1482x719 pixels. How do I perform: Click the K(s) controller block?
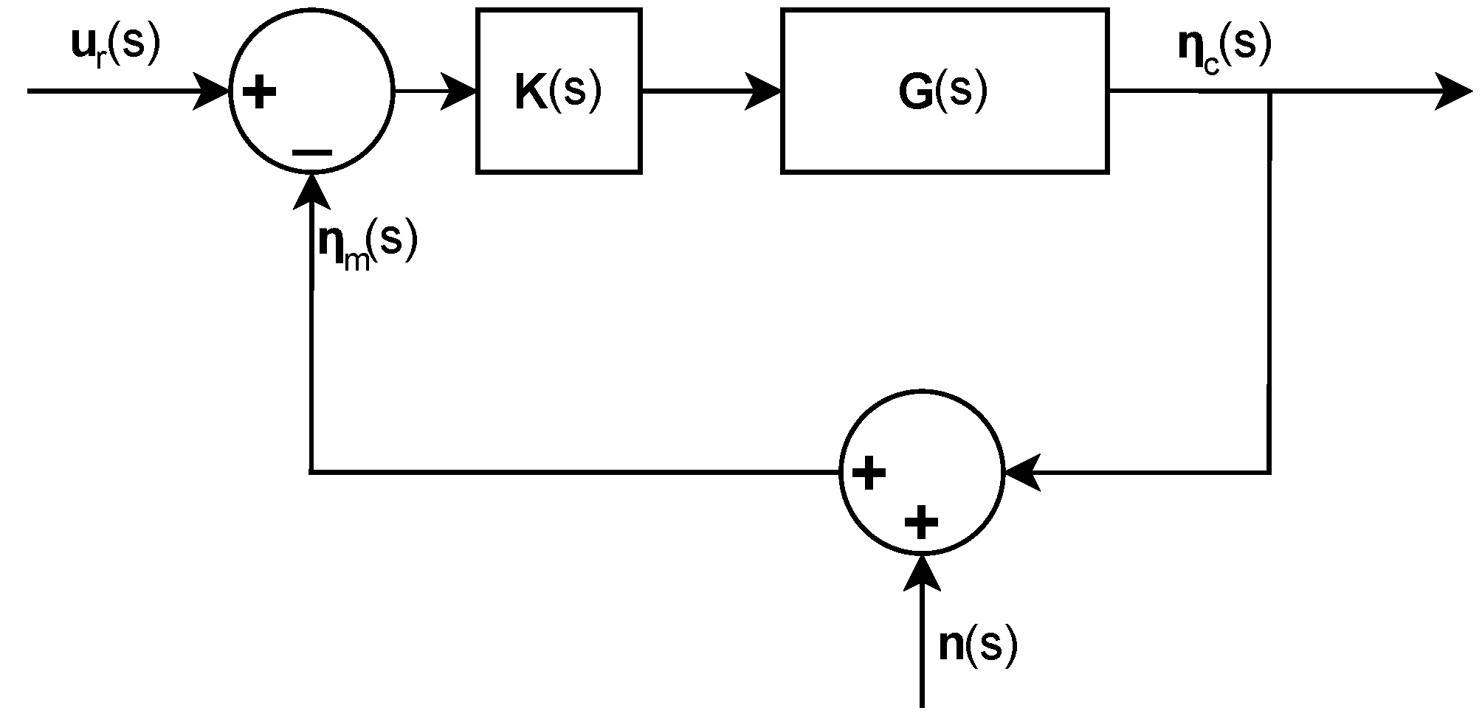pos(559,91)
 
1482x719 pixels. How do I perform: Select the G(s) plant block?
pos(944,91)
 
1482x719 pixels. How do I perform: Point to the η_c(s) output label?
pos(1224,47)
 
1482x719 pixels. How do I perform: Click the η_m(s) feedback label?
pos(367,246)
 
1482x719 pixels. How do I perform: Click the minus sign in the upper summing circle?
pos(311,153)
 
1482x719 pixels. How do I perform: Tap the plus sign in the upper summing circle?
pos(259,93)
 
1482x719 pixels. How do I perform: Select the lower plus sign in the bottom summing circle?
pos(920,523)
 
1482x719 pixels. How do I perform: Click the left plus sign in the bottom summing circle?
pos(869,473)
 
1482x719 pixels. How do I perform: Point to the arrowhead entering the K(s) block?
pos(461,91)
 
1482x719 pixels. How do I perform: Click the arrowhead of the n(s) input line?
pos(922,572)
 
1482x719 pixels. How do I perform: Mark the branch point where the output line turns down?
pos(1269,92)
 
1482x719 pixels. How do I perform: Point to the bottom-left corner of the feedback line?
pos(311,471)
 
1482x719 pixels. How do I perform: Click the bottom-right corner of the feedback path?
pos(1269,471)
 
